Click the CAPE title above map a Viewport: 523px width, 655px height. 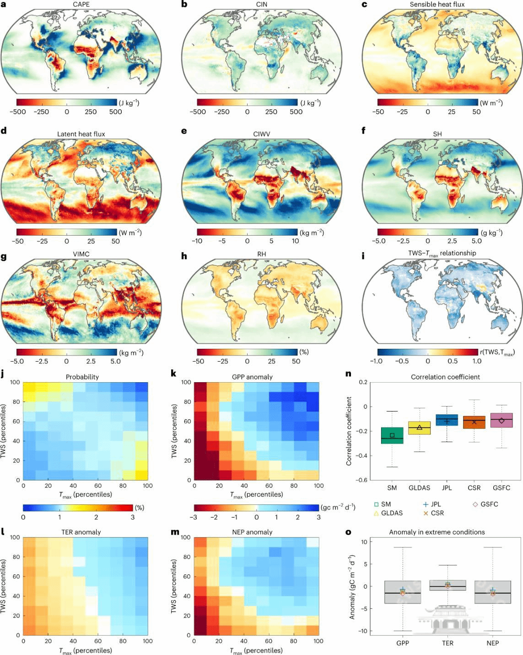point(81,5)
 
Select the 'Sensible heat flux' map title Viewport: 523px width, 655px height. point(437,5)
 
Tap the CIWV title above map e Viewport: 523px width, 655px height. point(262,134)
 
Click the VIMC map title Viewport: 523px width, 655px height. point(81,254)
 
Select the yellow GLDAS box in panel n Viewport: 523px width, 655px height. point(420,428)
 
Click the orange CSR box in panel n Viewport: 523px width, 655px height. point(474,422)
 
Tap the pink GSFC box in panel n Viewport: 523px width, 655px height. point(501,420)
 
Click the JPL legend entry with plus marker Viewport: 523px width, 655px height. point(432,504)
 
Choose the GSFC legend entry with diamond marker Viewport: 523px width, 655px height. point(485,504)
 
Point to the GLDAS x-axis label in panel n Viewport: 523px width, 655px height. point(420,488)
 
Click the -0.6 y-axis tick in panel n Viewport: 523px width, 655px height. point(362,480)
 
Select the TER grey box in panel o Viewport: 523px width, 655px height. point(448,585)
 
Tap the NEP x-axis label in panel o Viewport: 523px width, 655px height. point(493,643)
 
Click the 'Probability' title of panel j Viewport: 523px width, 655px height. point(82,377)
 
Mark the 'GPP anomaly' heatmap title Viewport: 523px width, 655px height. point(252,377)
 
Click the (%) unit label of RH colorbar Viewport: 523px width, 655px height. point(304,352)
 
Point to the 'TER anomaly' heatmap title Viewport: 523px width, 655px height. point(81,532)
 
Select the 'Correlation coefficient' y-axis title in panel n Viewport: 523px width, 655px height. point(349,431)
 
